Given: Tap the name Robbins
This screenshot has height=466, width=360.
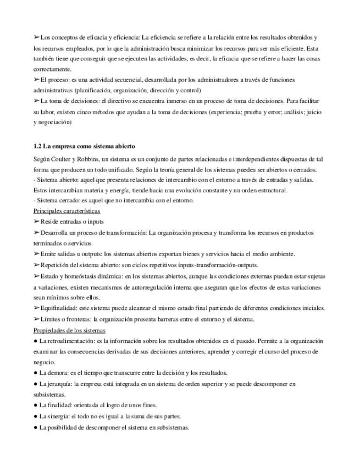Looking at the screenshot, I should pyautogui.click(x=88, y=158).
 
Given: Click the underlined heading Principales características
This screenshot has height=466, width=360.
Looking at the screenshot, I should pyautogui.click(x=67, y=210).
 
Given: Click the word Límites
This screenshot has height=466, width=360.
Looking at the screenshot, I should pyautogui.click(x=51, y=319).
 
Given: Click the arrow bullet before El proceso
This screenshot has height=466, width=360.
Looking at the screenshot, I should pyautogui.click(x=37, y=80).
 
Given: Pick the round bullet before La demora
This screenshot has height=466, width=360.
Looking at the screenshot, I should pyautogui.click(x=35, y=373).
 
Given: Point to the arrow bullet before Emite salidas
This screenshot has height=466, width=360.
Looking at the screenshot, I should pyautogui.click(x=37, y=254).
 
